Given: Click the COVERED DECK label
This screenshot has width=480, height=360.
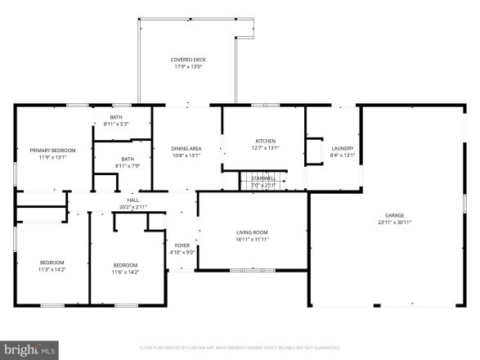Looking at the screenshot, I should (187, 60).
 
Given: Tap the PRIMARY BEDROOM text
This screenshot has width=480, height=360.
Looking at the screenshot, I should (52, 151).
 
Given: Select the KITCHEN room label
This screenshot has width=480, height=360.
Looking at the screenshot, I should (265, 141).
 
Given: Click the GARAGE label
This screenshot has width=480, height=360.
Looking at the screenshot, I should (394, 215).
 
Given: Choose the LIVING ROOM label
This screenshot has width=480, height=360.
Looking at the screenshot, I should (252, 232).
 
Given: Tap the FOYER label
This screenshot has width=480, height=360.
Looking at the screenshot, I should (182, 245).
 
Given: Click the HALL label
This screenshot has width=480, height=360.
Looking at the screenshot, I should (133, 200).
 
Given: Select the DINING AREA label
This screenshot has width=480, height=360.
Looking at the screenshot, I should (186, 148).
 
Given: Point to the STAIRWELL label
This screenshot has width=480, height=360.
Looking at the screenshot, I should (263, 178).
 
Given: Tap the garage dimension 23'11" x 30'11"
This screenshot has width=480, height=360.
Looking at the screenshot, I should (394, 223).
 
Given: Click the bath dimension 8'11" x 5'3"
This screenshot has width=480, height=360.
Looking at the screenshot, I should (117, 124).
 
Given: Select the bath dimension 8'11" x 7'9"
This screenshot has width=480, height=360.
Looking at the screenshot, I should (128, 166).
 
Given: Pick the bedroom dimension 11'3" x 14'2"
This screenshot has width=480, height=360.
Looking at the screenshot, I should (51, 269).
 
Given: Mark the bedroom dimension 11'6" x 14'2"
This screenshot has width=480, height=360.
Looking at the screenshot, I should (125, 272).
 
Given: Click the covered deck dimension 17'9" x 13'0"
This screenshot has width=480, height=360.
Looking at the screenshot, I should (187, 67).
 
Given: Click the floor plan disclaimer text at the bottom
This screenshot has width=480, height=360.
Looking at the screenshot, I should (240, 347).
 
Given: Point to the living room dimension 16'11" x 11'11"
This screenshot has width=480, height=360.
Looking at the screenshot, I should (252, 240).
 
